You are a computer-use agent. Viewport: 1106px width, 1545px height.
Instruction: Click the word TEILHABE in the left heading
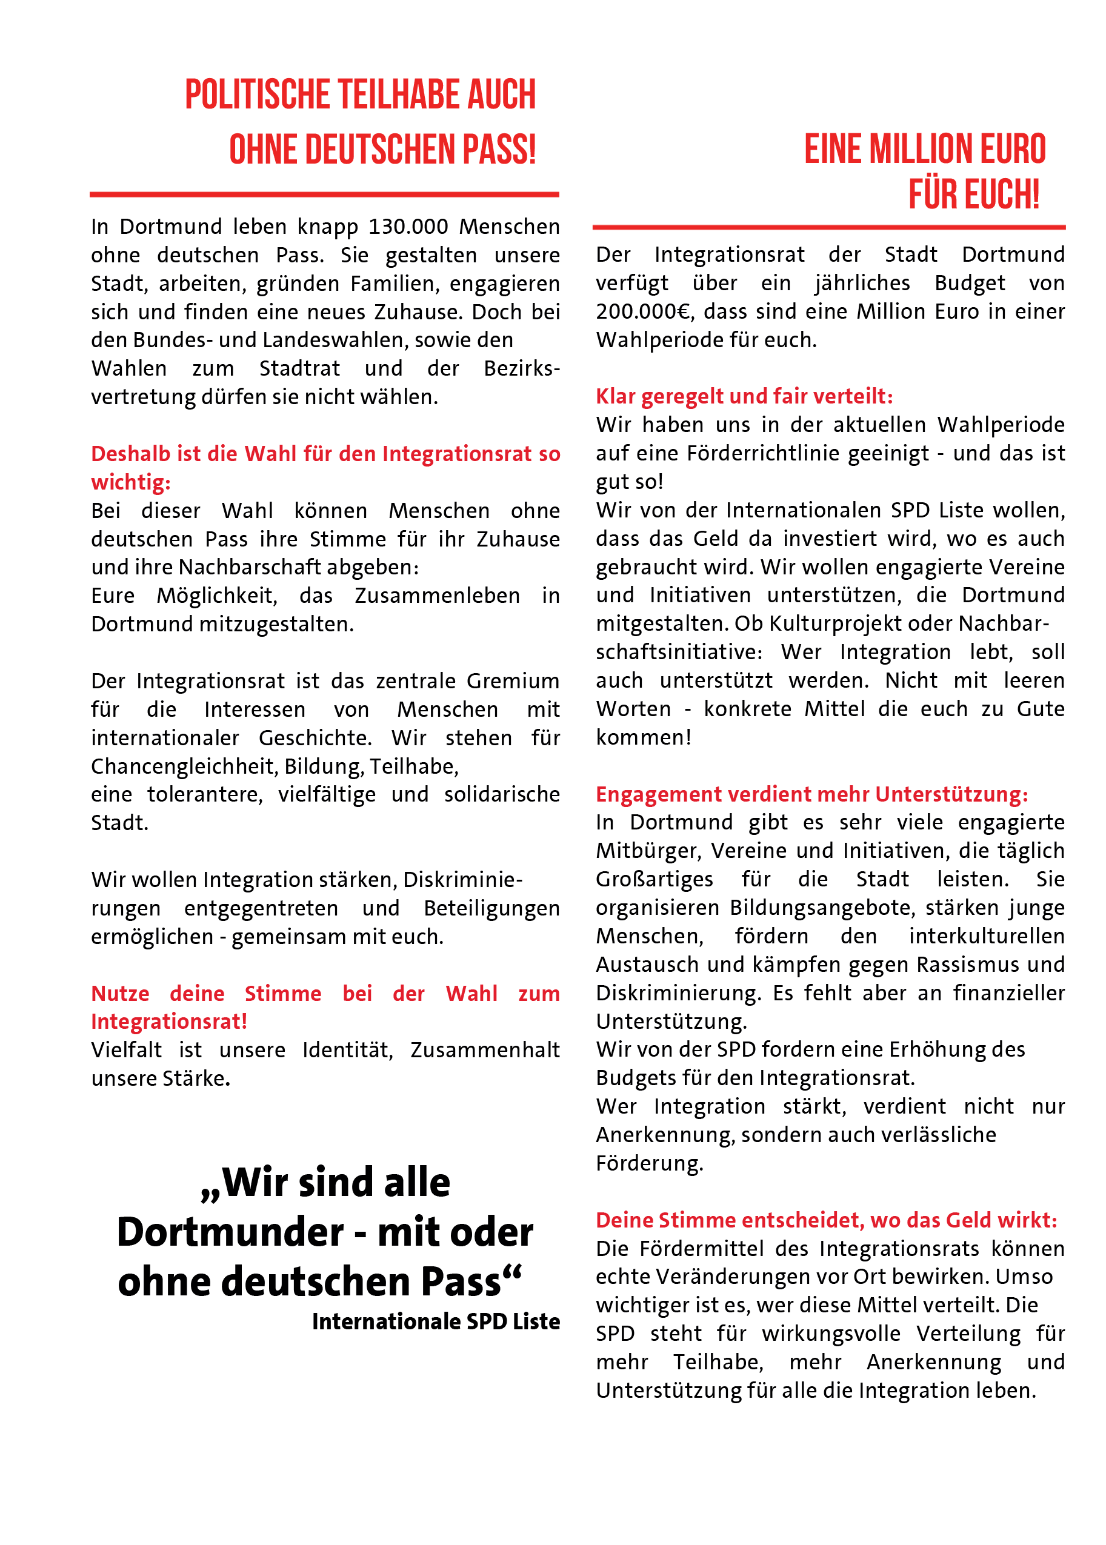coord(389,95)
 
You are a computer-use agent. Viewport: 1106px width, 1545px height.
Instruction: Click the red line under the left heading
coord(324,194)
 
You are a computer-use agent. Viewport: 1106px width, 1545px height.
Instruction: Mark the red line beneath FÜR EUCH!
coord(828,227)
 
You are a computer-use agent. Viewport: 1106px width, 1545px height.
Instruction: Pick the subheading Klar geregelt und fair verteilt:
coord(744,396)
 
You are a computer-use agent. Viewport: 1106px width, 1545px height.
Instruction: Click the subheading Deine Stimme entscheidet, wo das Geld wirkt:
coord(826,1220)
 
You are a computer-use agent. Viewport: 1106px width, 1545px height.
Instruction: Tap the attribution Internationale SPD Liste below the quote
coord(436,1321)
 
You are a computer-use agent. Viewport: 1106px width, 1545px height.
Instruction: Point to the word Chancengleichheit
coord(185,766)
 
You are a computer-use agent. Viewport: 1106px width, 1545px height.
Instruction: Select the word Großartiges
coord(654,879)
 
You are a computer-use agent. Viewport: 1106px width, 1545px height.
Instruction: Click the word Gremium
coord(513,681)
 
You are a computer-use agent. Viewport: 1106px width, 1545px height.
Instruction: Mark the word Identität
coord(347,1049)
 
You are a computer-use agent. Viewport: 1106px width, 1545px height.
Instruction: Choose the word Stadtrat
coord(299,368)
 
